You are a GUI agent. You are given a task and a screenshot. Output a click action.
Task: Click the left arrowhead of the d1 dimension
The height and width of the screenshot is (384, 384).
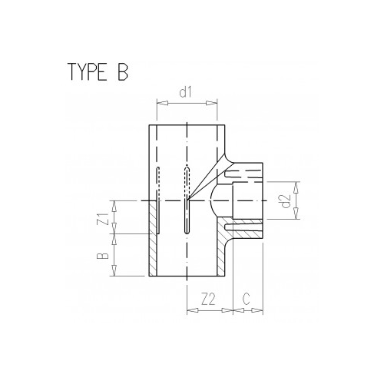(x=157, y=101)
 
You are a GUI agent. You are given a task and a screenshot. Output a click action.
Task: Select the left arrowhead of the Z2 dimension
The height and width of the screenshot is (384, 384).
(x=189, y=312)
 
